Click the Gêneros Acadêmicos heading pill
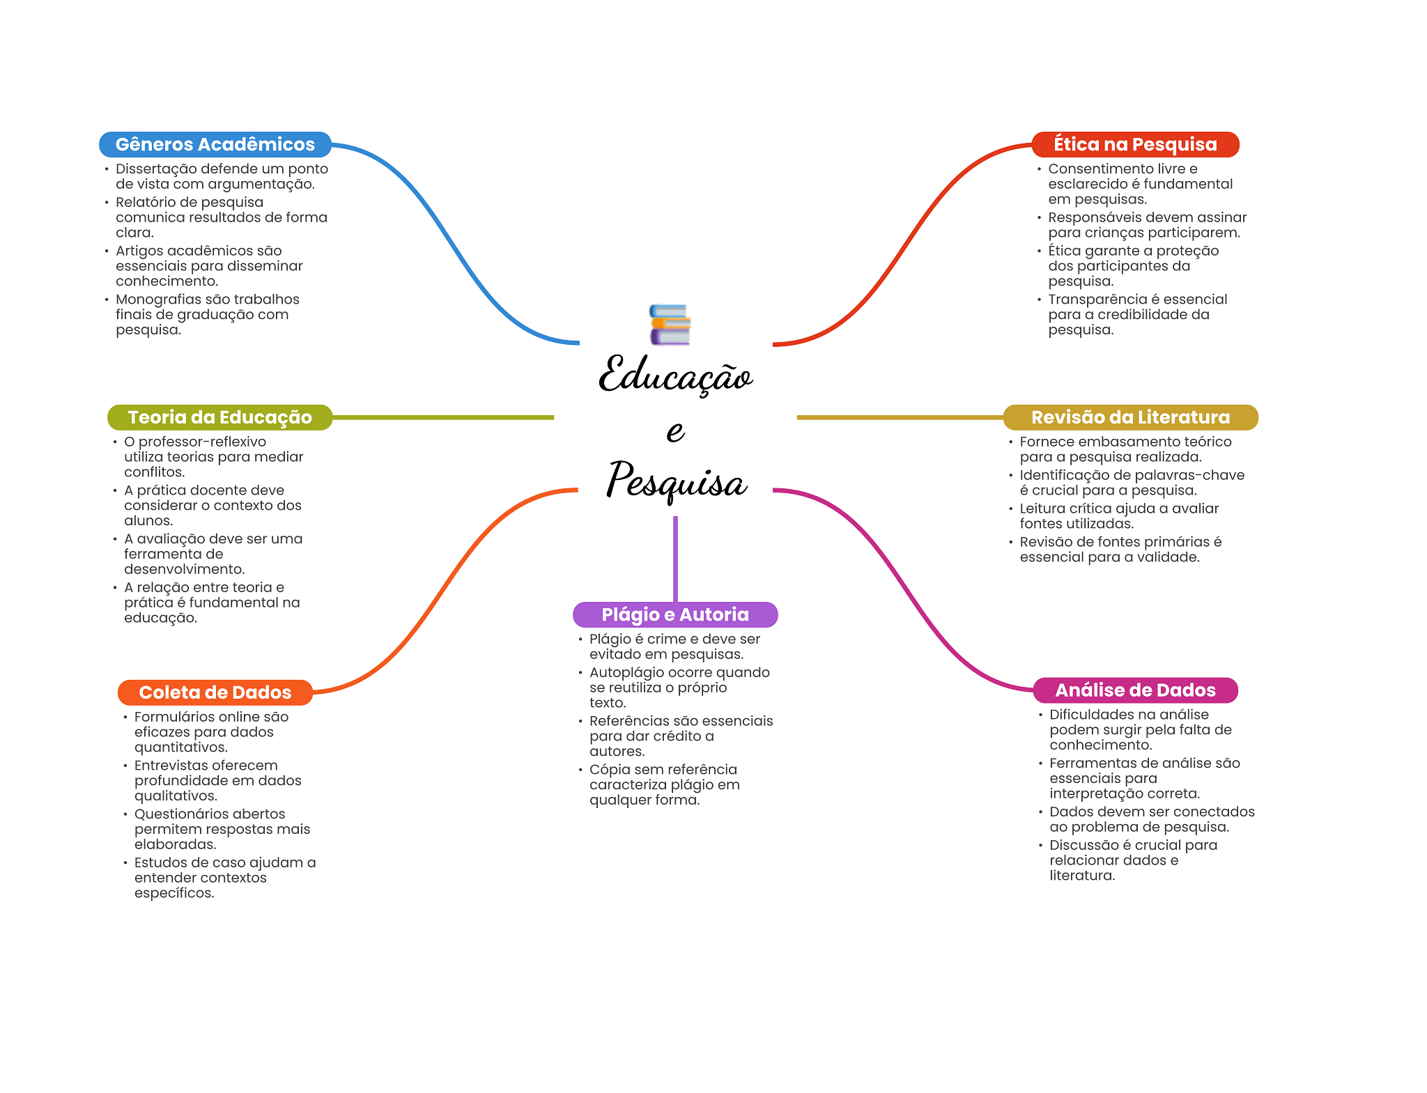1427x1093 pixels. tap(215, 144)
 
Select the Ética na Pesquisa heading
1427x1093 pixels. tap(1135, 144)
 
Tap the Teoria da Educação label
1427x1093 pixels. tap(220, 417)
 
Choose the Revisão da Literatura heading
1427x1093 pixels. tap(1130, 417)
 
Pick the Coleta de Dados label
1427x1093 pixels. tap(215, 692)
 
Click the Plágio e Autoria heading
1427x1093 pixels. tap(675, 614)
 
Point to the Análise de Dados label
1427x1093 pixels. tap(1135, 690)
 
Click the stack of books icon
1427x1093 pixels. tap(670, 325)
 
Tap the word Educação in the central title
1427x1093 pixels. tap(676, 375)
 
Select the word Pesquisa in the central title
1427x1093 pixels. tap(677, 480)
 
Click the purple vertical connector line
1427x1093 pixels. tap(675, 559)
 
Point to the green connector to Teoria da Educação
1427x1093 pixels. tap(443, 417)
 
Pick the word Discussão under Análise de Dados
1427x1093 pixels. tap(1083, 845)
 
